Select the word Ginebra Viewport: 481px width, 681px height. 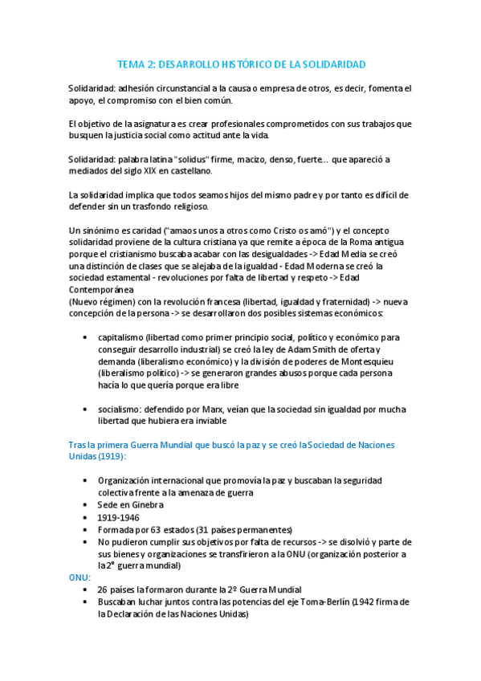(145, 504)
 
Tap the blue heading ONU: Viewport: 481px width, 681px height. (81, 576)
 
